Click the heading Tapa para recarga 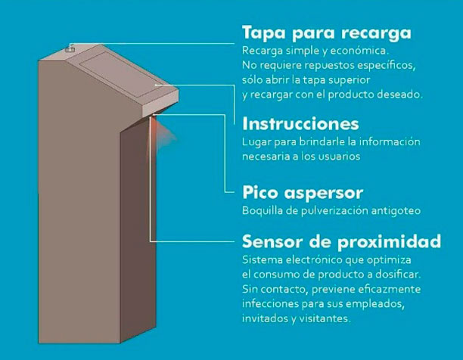coord(326,33)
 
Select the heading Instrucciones coord(300,123)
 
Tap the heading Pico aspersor coord(303,192)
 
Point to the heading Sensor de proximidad coord(340,242)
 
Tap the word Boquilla coord(263,209)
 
